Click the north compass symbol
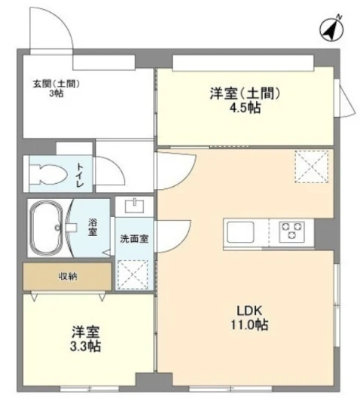(x=331, y=29)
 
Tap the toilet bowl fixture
(x=48, y=174)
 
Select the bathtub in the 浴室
(x=47, y=228)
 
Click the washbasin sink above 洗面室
(x=134, y=206)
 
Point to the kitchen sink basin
(x=240, y=231)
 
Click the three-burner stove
(x=291, y=231)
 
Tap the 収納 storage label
(x=68, y=277)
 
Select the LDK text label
(x=249, y=311)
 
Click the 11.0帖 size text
(x=249, y=325)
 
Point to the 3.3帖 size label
(x=85, y=346)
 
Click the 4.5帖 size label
(x=245, y=107)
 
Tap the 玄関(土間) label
(x=56, y=84)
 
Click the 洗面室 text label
(x=134, y=238)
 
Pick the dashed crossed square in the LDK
(x=311, y=167)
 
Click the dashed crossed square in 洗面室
(x=133, y=274)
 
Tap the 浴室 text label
(x=93, y=227)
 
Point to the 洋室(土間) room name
(x=245, y=93)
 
